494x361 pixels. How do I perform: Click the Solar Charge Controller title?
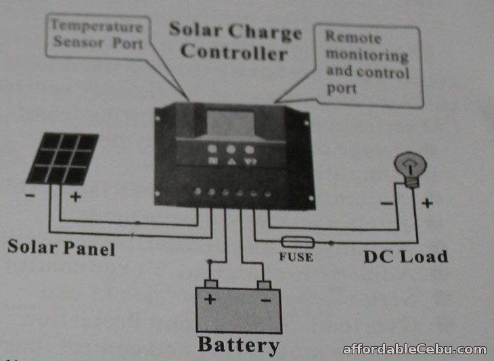(x=234, y=41)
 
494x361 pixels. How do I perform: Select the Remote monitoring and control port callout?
(x=367, y=62)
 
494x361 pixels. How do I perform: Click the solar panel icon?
(x=62, y=158)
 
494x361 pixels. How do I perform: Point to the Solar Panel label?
(x=61, y=247)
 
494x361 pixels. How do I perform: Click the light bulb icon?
(x=411, y=168)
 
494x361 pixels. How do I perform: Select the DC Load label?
(x=405, y=256)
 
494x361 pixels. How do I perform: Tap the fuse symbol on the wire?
(x=296, y=241)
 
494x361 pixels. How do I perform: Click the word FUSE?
(x=295, y=257)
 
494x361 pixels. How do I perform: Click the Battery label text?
(x=238, y=345)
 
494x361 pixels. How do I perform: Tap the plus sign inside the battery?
(x=210, y=299)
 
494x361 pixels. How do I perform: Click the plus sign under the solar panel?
(x=76, y=197)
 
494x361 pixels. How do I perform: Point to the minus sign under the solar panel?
(x=31, y=197)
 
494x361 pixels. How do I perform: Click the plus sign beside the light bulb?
(x=427, y=202)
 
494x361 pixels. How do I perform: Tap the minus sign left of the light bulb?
(x=386, y=202)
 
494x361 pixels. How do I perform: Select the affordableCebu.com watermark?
(x=414, y=350)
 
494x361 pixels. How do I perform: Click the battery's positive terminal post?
(x=211, y=283)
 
